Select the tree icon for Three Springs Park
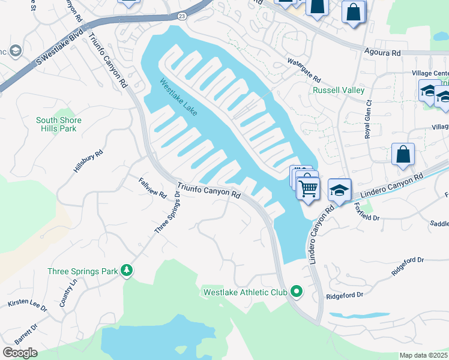(127, 271)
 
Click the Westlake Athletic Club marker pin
(295, 292)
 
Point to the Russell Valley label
(338, 91)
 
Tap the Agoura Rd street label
(382, 53)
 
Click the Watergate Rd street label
(304, 71)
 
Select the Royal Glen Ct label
(369, 124)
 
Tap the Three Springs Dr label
(167, 213)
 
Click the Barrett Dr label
(26, 335)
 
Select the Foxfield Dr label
(366, 211)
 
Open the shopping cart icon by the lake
(308, 188)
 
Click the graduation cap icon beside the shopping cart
(340, 191)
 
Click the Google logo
(20, 353)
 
